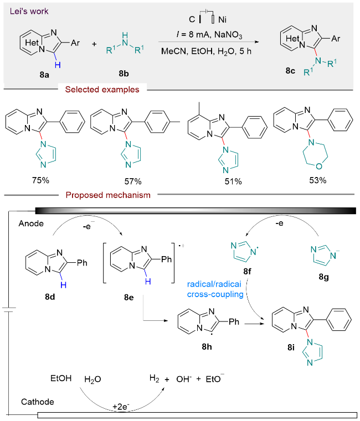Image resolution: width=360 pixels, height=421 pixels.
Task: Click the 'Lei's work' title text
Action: coord(29,11)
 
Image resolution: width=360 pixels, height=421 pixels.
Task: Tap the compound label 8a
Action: coord(44,75)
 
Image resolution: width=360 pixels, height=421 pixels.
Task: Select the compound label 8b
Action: coord(124,73)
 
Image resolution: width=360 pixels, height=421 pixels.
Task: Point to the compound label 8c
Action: coord(290,71)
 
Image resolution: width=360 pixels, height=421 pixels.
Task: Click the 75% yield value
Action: coord(40,180)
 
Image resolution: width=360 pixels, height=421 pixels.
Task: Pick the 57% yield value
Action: coord(133,181)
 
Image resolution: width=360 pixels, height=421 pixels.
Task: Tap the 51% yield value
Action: coord(233,181)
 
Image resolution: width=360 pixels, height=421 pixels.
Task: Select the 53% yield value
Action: coord(318,180)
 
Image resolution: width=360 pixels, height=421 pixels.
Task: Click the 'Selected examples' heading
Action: coord(102,90)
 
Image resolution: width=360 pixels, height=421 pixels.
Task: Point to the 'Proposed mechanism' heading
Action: coord(108,195)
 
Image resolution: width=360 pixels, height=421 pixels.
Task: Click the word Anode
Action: coord(31,224)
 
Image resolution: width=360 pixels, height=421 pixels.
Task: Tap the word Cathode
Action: coord(37,402)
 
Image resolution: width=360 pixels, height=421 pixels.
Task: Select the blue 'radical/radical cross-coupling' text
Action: coord(215,289)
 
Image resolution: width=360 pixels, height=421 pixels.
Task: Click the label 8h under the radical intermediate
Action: coord(207,347)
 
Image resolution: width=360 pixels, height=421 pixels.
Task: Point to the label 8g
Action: coord(323,277)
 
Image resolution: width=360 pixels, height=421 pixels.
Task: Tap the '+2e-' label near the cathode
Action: coord(121,407)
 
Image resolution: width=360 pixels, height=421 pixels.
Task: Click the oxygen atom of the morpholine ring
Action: coord(319,167)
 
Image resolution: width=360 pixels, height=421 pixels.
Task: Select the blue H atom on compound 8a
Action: coord(58,65)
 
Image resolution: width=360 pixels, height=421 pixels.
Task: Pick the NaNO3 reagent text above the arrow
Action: coord(228,35)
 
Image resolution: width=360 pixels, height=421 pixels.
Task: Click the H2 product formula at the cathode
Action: coord(154,378)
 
